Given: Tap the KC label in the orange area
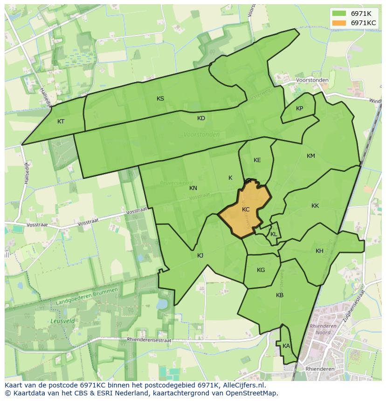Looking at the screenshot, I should point(246,210).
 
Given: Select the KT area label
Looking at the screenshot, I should point(61,122).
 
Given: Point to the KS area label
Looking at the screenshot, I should point(160,99).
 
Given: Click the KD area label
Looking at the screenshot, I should point(201,118).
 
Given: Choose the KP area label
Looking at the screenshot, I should point(299,109).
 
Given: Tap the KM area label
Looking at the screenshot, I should point(311,156).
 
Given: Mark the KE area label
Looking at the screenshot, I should point(257,160).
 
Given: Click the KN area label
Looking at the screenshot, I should point(193,188).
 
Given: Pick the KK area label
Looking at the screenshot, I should point(315,206).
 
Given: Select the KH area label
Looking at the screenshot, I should point(319,251).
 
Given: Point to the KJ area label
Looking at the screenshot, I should point(200,256).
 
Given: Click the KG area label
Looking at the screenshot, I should point(261,270).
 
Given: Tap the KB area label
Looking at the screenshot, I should point(280,295).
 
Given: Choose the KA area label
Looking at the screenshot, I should point(286,346).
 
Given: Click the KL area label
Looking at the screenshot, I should point(274,234).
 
